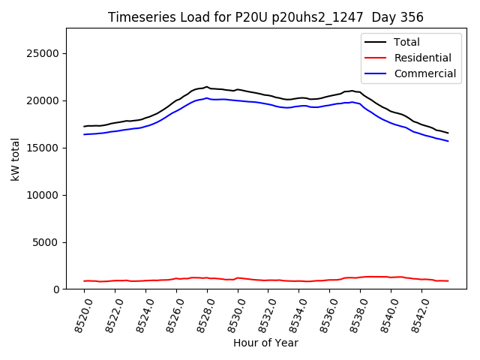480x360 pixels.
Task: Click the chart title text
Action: click(265, 17)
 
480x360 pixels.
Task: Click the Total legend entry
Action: click(406, 42)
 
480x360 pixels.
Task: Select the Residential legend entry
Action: click(422, 58)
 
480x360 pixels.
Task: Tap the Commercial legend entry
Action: click(424, 73)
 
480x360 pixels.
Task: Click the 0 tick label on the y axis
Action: click(56, 289)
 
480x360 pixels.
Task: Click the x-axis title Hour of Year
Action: click(265, 343)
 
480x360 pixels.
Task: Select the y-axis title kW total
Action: click(15, 158)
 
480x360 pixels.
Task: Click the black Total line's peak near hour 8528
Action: click(207, 87)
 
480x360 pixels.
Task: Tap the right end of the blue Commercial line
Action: click(448, 141)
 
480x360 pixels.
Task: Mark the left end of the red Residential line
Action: click(84, 281)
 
